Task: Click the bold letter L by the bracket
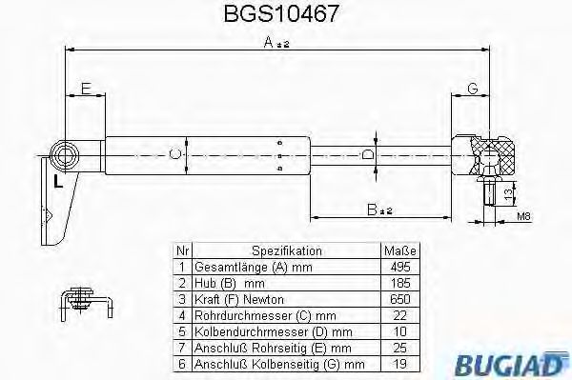[58, 182]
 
